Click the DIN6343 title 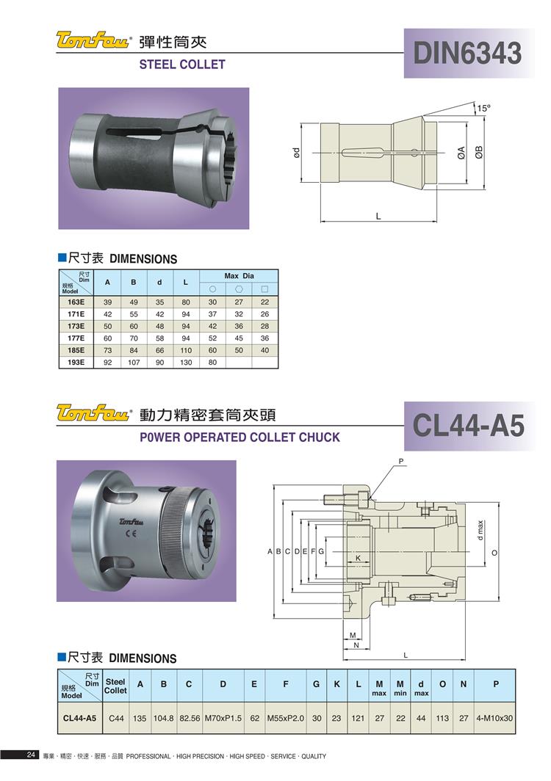point(467,53)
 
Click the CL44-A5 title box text point(468,426)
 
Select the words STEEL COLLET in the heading point(182,65)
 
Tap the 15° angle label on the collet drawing point(483,108)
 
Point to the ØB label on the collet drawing point(479,153)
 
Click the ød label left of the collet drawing point(295,152)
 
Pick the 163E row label point(76,302)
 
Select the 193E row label point(76,362)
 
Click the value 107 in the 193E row point(134,362)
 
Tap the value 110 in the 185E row point(185,350)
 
